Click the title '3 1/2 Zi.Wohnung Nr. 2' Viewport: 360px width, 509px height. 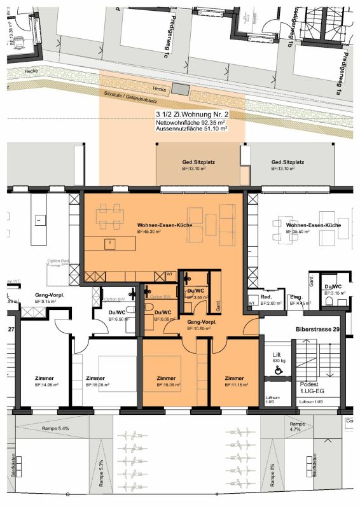[x=191, y=115]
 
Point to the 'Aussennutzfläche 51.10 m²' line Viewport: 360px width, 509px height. [x=191, y=129]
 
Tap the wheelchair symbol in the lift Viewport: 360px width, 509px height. [x=278, y=374]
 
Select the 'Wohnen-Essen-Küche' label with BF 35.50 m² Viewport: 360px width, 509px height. [x=314, y=226]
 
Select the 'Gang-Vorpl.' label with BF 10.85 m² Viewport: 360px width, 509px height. [x=201, y=322]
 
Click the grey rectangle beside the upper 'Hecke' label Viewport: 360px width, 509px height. [x=180, y=90]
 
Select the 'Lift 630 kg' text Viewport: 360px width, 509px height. [x=277, y=356]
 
